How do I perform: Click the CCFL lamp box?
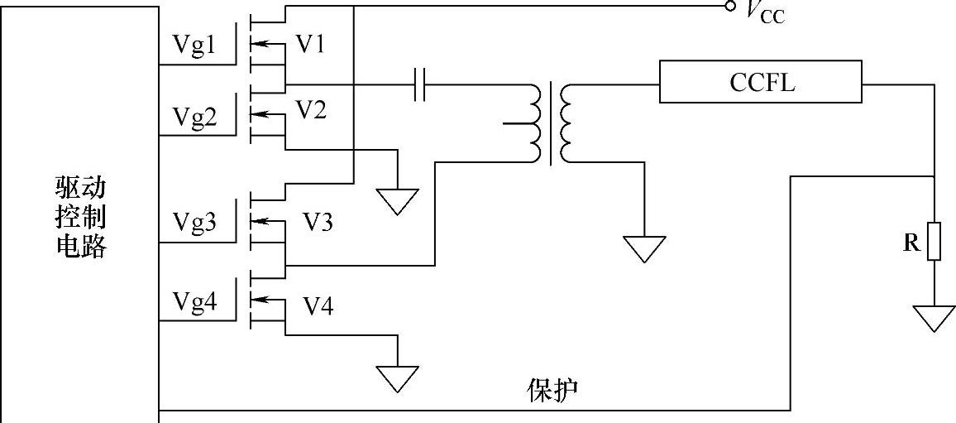(x=760, y=82)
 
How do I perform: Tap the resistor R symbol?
(x=934, y=241)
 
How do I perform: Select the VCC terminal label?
(x=765, y=11)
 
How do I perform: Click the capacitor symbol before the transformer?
(x=419, y=84)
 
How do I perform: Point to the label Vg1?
(x=194, y=46)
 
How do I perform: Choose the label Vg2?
(x=194, y=117)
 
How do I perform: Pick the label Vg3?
(x=194, y=223)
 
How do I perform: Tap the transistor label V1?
(x=310, y=44)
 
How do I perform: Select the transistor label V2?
(x=310, y=109)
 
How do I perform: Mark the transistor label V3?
(x=318, y=222)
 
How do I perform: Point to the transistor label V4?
(x=318, y=307)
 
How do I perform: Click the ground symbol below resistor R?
(x=934, y=317)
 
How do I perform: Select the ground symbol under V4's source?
(x=398, y=377)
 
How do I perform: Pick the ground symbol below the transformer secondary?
(x=643, y=248)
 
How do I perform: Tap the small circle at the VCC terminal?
(x=729, y=7)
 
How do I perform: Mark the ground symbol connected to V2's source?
(x=398, y=200)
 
